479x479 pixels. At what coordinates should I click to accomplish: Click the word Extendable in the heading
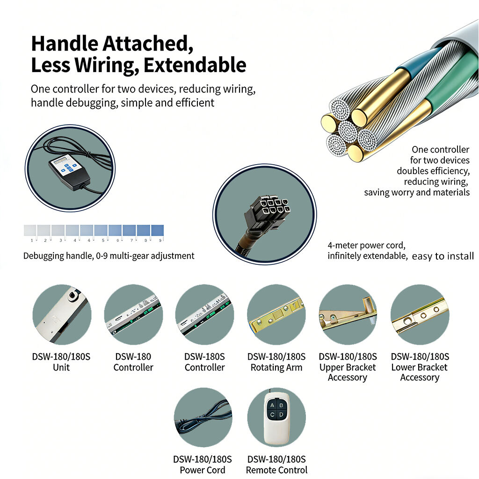[195, 65]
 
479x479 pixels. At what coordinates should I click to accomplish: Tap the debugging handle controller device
[69, 172]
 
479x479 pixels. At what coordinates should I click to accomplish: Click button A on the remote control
[272, 406]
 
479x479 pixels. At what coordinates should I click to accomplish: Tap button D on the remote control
[281, 414]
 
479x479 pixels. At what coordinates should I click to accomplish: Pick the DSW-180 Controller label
[133, 362]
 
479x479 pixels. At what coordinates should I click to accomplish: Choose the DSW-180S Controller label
[205, 362]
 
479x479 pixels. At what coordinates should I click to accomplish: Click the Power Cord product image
[203, 417]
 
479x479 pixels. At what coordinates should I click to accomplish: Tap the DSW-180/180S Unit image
[62, 315]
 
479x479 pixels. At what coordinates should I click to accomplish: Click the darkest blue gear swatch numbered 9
[157, 230]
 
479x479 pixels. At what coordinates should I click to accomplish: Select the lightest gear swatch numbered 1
[30, 230]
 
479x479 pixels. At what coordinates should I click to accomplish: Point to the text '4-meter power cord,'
[367, 245]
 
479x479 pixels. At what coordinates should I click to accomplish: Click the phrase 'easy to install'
[443, 256]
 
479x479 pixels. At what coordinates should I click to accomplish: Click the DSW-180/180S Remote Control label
[277, 464]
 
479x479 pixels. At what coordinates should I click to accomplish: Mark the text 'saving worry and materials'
[417, 192]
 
